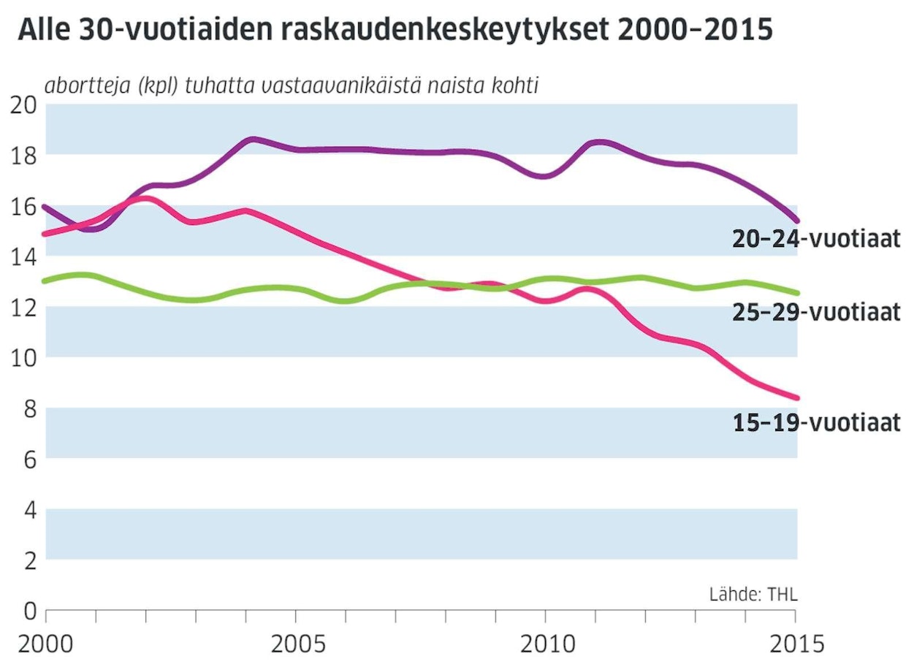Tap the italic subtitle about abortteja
pos(292,85)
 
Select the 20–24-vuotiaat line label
pos(816,239)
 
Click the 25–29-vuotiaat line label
pos(816,313)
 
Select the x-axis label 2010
pos(546,645)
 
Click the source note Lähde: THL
pos(753,594)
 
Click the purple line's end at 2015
pos(796,220)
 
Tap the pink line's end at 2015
pos(796,398)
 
